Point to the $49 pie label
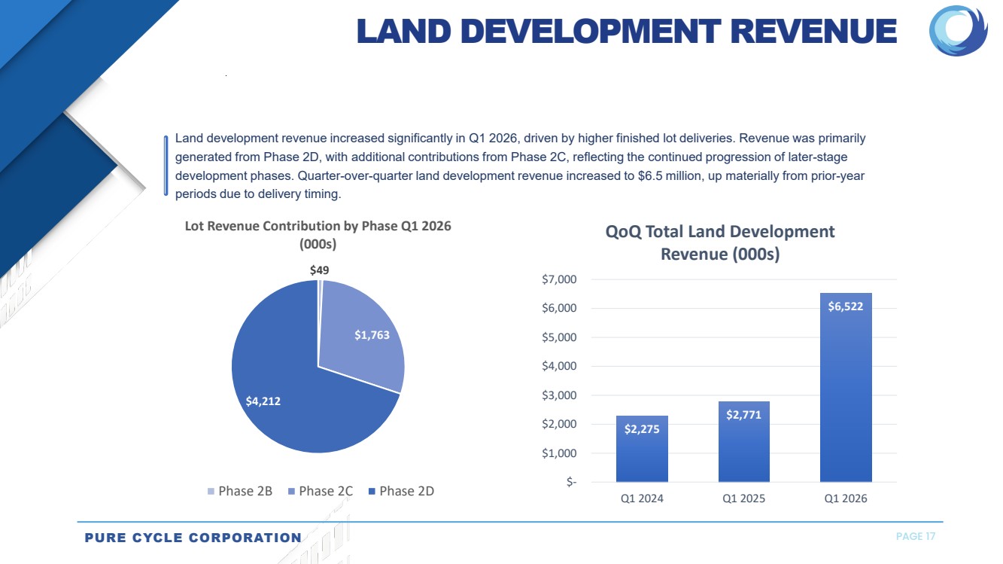click(x=319, y=270)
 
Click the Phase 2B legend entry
click(x=240, y=491)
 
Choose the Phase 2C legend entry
click(x=321, y=491)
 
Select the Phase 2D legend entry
click(x=401, y=491)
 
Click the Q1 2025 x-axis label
click(x=743, y=498)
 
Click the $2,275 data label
click(x=642, y=429)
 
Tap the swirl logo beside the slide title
click(x=958, y=31)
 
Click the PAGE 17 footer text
click(x=916, y=536)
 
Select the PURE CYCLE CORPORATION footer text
click(x=193, y=538)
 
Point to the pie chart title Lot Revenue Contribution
click(x=318, y=226)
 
